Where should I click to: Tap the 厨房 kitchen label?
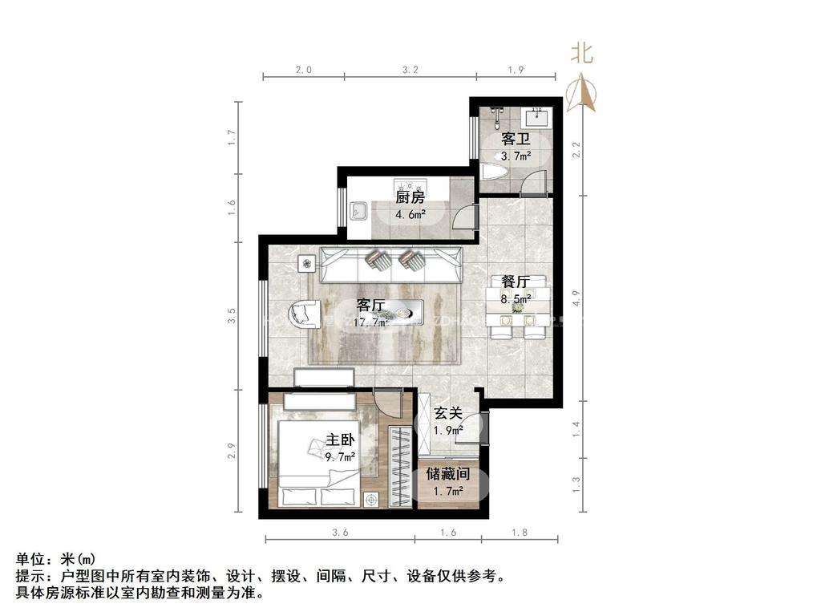point(409,197)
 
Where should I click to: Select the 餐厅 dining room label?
point(516,282)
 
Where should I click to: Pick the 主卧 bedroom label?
point(340,440)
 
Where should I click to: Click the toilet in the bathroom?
point(495,173)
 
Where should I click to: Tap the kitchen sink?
point(358,212)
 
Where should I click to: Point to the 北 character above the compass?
point(581,54)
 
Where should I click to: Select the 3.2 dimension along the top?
point(410,70)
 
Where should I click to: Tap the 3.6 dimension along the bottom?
point(340,532)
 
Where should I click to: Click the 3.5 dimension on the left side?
point(232,316)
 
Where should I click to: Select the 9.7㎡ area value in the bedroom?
point(340,458)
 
